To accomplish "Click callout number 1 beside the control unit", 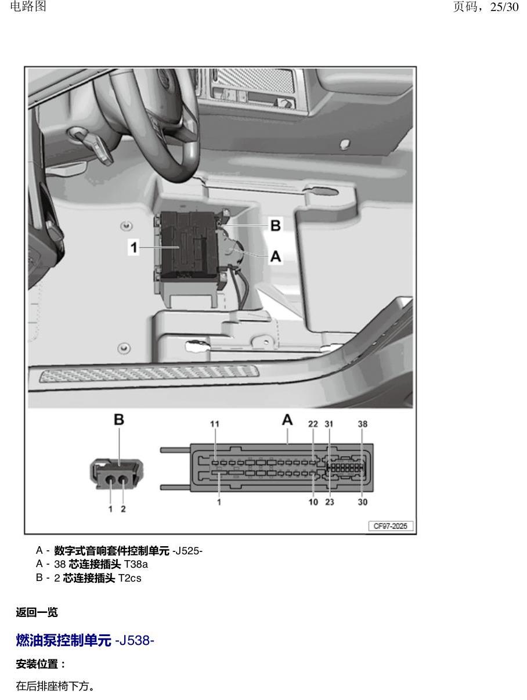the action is point(133,247).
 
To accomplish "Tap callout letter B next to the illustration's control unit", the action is point(276,225).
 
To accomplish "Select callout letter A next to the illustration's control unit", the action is point(276,256).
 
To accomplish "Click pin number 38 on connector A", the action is point(363,424).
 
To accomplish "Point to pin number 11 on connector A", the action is point(215,424).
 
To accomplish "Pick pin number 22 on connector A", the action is point(313,424).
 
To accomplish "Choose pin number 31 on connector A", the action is point(329,424).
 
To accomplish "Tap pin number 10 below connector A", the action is point(313,502).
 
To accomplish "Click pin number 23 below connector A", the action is point(329,502).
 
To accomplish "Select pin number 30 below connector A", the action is point(363,502).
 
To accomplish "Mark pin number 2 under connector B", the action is point(123,509).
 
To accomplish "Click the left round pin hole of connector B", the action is point(110,479).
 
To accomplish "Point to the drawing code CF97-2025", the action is point(390,526).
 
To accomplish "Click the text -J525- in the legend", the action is point(187,551).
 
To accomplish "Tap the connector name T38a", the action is point(136,564).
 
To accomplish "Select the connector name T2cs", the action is point(130,578).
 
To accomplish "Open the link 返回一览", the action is point(37,612).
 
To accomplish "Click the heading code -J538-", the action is point(135,640).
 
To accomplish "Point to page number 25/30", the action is point(504,7).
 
